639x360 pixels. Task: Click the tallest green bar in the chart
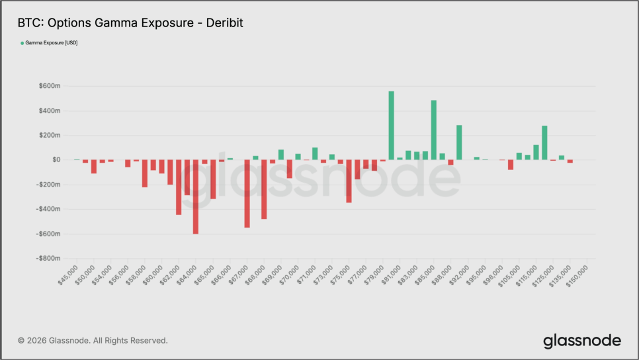(x=391, y=126)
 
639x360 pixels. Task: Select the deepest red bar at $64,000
(x=196, y=197)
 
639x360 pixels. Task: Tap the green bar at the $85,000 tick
(x=434, y=130)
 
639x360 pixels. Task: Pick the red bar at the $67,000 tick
(x=247, y=193)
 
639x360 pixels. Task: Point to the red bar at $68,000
(x=264, y=189)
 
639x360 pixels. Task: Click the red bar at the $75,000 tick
(x=349, y=181)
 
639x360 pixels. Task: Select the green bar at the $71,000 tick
(x=315, y=154)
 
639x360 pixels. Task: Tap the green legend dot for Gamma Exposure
(x=22, y=43)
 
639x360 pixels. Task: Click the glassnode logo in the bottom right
(x=582, y=341)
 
